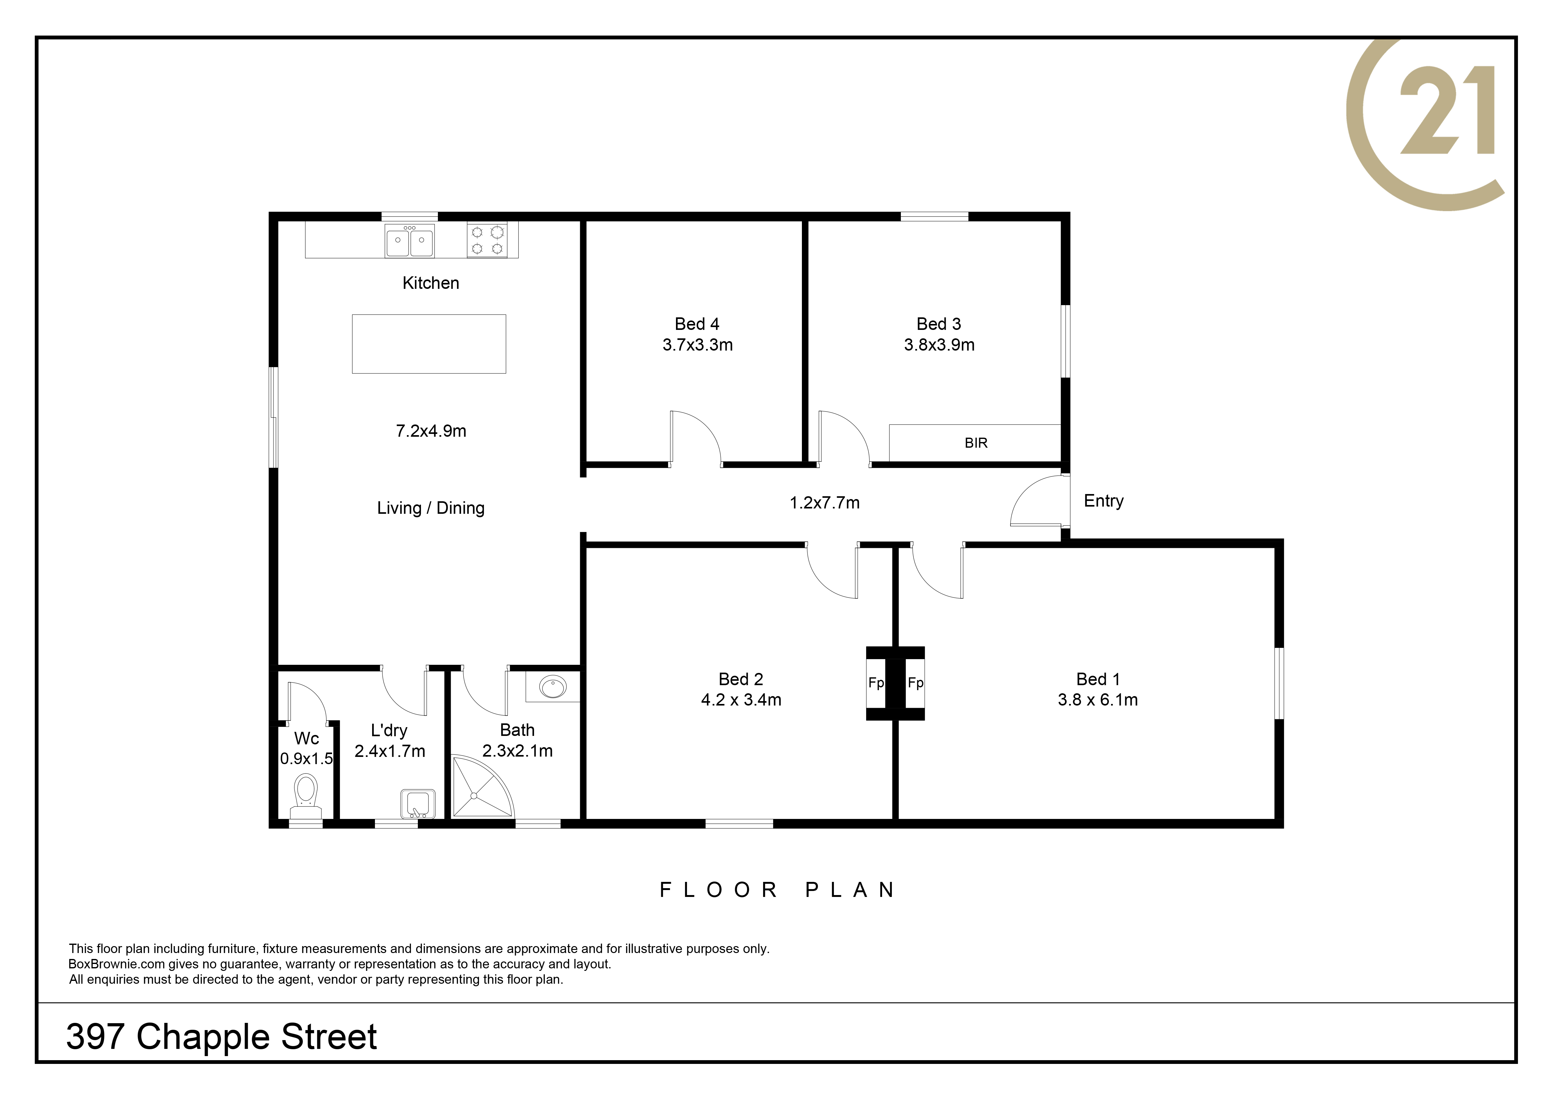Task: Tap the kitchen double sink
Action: pos(409,240)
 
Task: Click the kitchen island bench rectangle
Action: pos(429,344)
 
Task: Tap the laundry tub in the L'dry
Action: pos(418,804)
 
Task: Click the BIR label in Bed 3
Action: pos(976,443)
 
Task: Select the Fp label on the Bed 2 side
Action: pos(876,684)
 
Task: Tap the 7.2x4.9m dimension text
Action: pos(431,431)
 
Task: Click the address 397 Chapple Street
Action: pos(221,1037)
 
